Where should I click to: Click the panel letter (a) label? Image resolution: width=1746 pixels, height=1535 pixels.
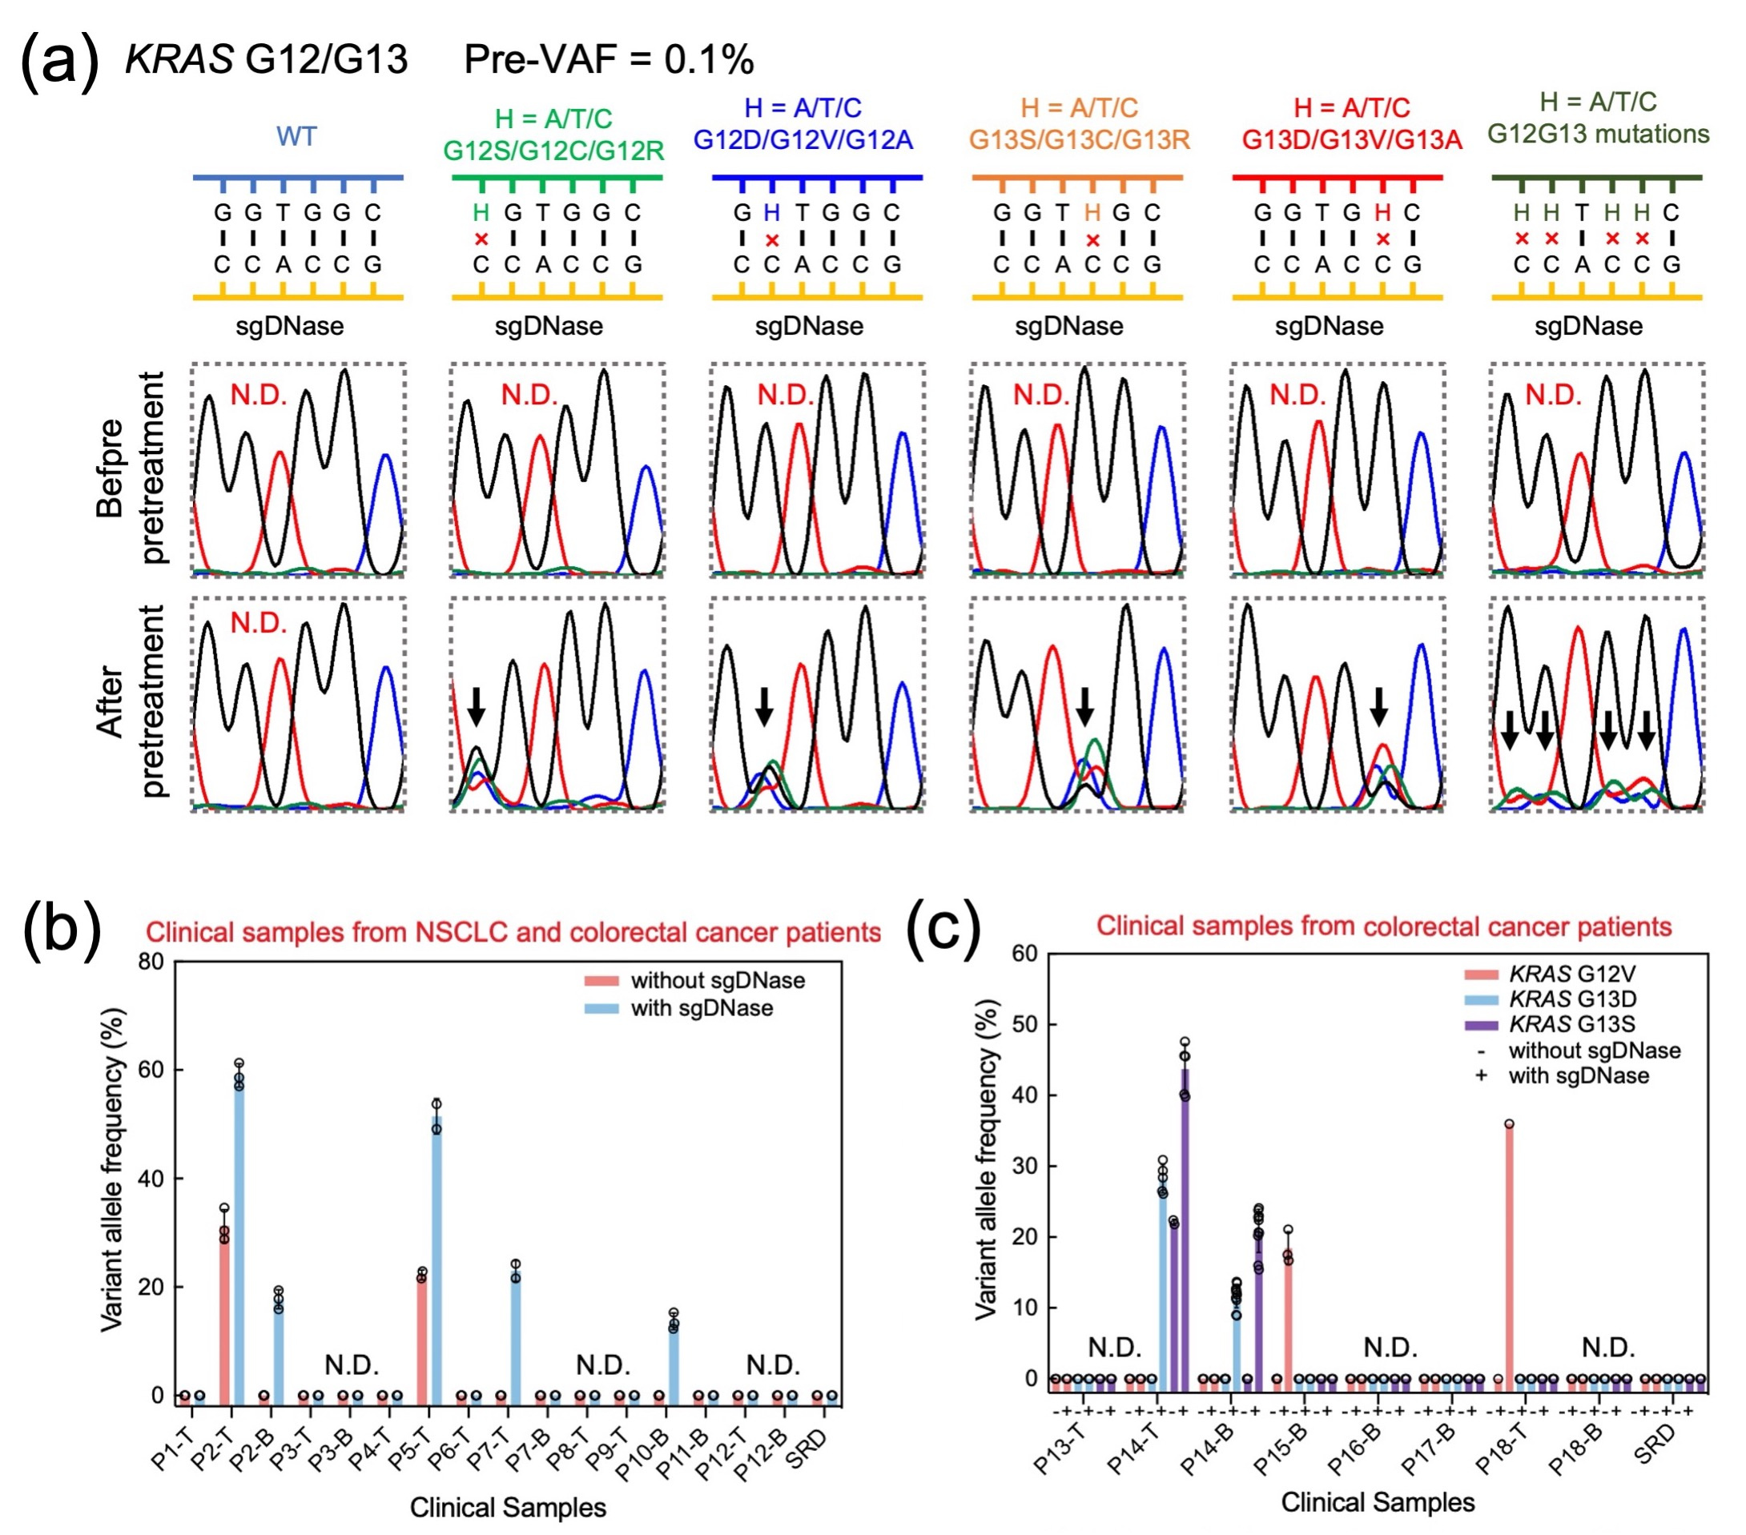[58, 60]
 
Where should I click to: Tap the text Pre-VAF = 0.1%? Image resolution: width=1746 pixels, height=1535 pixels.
[608, 60]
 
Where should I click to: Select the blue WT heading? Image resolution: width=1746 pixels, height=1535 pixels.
[296, 137]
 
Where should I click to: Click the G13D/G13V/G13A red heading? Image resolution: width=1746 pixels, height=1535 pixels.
[1351, 139]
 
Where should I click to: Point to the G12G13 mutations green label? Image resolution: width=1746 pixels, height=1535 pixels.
[1598, 134]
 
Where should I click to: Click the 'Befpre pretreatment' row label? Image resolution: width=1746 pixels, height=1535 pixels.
[128, 468]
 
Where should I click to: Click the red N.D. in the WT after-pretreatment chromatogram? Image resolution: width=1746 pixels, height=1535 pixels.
[258, 624]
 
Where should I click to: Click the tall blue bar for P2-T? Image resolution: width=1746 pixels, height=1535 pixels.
[239, 1239]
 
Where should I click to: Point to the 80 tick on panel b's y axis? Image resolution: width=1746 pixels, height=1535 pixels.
[151, 962]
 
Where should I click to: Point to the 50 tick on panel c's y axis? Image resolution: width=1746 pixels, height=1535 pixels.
[1025, 1024]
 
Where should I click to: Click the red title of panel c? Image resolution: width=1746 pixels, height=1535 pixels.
[1384, 926]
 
